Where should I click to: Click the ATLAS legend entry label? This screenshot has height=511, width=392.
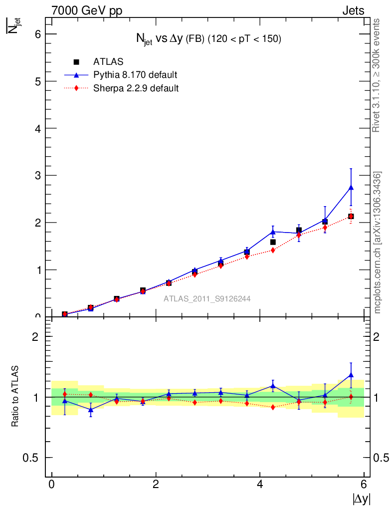109,62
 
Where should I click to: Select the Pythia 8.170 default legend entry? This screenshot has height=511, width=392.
135,75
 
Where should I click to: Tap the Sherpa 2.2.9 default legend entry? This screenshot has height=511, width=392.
136,88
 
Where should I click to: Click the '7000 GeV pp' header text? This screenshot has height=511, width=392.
87,10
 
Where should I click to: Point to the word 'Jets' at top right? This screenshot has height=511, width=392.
353,10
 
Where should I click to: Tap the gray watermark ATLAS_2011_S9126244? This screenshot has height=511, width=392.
207,299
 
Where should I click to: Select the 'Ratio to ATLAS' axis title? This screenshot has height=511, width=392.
15,397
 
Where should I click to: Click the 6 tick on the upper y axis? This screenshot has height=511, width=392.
37,34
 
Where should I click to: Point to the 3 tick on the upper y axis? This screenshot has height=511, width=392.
37,175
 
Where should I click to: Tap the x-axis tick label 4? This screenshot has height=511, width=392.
260,485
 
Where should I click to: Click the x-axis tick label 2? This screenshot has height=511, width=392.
156,485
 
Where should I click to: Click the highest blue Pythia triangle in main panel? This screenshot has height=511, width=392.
351,187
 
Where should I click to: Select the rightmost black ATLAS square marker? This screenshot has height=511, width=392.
351,216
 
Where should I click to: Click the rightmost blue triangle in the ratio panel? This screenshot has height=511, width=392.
351,375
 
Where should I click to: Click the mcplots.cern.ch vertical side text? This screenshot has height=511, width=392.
378,243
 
